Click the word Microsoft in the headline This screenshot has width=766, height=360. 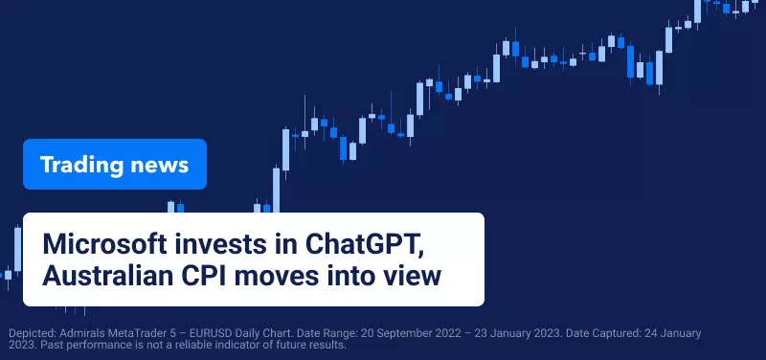tap(104, 243)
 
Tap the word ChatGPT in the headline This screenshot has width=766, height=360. tap(364, 244)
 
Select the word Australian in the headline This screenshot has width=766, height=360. tap(107, 276)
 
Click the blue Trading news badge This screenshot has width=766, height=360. tap(115, 164)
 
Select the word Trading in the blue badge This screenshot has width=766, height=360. tap(81, 165)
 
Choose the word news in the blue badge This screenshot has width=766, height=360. tap(159, 166)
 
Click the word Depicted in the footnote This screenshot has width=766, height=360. tap(33, 334)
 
